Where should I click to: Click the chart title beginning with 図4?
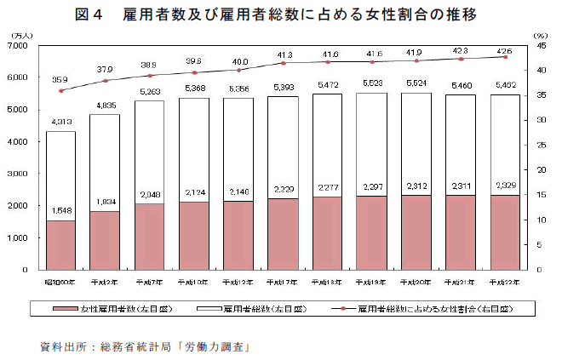coord(281,15)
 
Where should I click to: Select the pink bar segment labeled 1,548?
coord(60,244)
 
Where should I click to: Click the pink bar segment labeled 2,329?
coord(505,231)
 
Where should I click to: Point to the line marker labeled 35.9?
coord(60,90)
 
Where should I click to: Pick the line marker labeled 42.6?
coord(505,56)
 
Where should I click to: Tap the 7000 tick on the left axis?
coord(20,46)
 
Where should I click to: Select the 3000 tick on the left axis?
coord(20,174)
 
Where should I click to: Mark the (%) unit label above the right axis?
coord(540,36)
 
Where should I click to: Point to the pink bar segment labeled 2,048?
coord(149,237)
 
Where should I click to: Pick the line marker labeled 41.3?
coord(283,63)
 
